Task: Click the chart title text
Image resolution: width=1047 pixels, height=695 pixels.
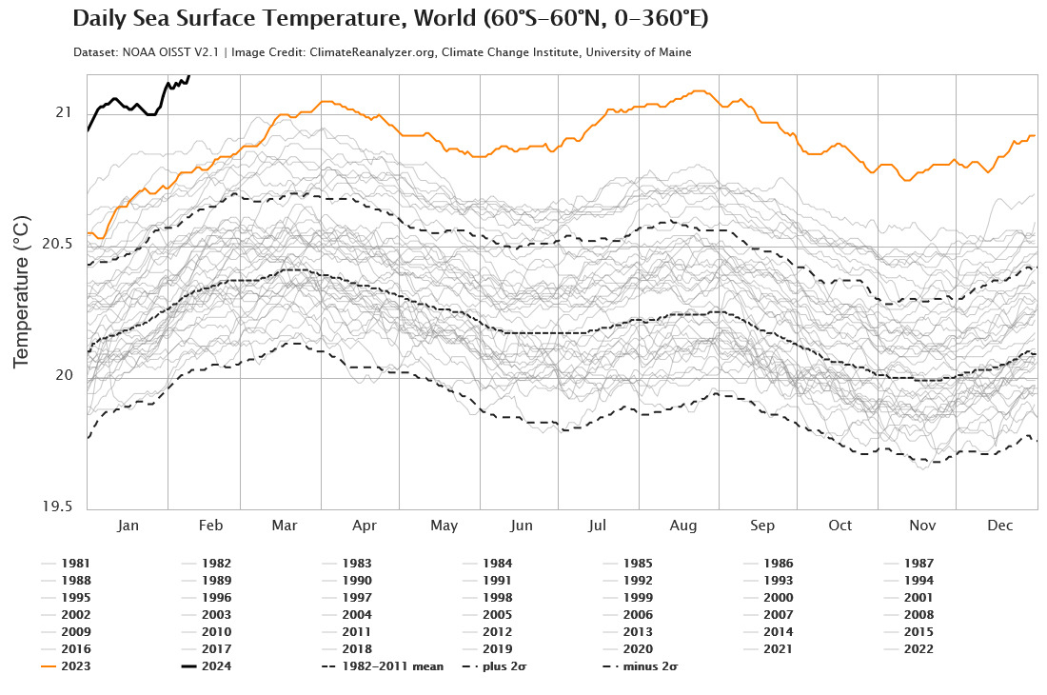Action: click(390, 19)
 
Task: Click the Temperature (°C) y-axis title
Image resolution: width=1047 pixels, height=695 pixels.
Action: click(23, 291)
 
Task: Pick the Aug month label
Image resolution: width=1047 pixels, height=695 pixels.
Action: click(682, 526)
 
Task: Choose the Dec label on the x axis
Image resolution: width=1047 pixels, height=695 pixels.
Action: click(1000, 526)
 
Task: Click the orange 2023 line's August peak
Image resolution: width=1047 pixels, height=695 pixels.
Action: click(700, 90)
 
